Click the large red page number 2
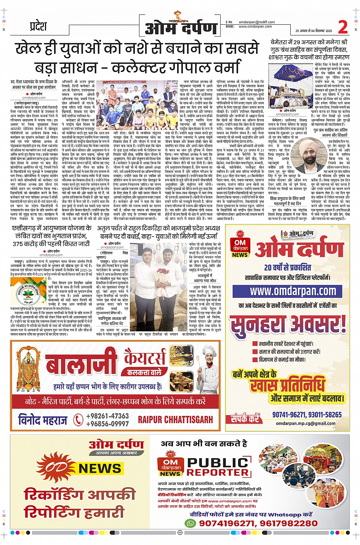point(343,27)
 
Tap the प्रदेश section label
point(38,26)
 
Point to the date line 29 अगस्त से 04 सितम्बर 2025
point(314,31)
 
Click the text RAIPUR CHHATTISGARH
point(175,420)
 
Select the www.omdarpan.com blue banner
point(293,291)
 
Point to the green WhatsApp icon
point(190,523)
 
